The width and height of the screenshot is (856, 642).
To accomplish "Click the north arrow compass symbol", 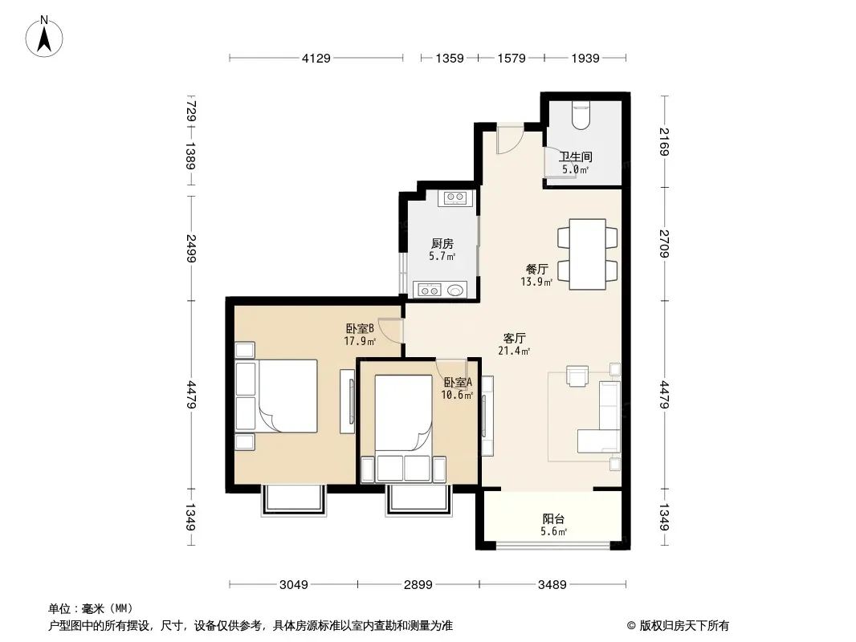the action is pyautogui.click(x=44, y=37).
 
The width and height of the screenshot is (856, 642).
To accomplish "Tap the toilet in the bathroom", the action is pyautogui.click(x=581, y=115).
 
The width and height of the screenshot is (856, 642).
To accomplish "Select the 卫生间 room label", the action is pyautogui.click(x=576, y=156).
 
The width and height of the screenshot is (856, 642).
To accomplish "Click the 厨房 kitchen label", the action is pyautogui.click(x=442, y=243).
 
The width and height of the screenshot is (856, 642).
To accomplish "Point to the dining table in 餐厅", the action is pyautogui.click(x=588, y=254).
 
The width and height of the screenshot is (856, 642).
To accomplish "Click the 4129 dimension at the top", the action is pyautogui.click(x=316, y=58).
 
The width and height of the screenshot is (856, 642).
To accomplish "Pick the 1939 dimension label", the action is pyautogui.click(x=585, y=58).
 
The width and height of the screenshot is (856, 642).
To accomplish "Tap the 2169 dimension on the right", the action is pyautogui.click(x=664, y=141).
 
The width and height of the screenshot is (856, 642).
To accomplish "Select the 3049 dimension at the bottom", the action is pyautogui.click(x=294, y=585).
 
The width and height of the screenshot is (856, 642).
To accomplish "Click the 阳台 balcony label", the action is pyautogui.click(x=553, y=518).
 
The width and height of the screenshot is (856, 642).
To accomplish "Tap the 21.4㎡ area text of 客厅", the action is pyautogui.click(x=514, y=351).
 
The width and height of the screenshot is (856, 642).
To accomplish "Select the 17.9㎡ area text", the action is pyautogui.click(x=360, y=341).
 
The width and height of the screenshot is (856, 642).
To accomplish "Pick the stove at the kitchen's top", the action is pyautogui.click(x=454, y=197).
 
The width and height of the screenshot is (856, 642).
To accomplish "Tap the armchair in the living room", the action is pyautogui.click(x=577, y=376).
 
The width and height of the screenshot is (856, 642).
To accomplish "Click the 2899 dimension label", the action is pyautogui.click(x=418, y=585).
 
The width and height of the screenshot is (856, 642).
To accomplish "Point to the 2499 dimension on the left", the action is pyautogui.click(x=191, y=248).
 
